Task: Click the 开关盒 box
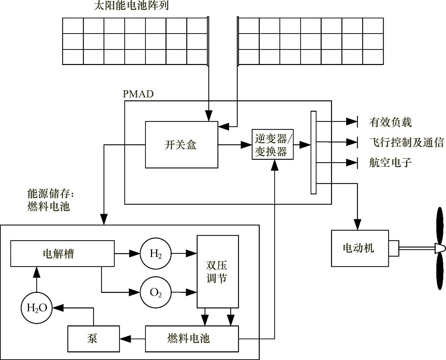181,145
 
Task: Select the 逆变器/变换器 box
273,145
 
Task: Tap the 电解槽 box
62,254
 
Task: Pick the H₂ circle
155,254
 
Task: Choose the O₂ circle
155,293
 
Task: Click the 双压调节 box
218,271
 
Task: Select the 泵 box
93,339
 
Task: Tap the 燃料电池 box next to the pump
192,339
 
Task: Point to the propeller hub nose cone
439,248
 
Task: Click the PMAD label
138,94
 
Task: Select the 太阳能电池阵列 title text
131,6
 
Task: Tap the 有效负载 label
390,122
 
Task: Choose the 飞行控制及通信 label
406,142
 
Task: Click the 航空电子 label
390,163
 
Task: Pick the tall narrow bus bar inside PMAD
313,152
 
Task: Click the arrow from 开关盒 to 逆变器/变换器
235,145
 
